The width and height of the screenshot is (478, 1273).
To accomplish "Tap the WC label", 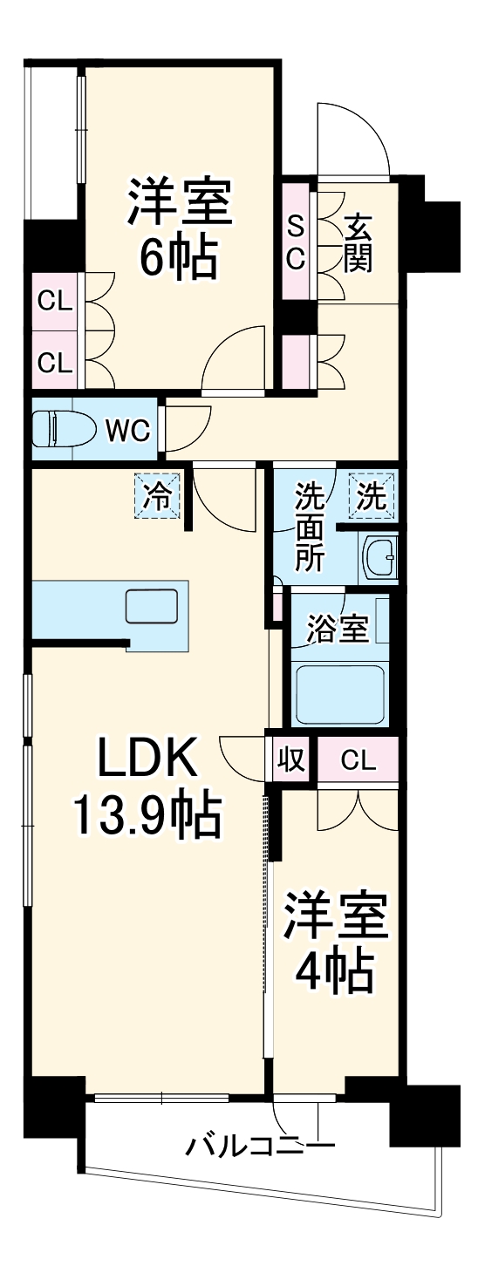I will [128, 429].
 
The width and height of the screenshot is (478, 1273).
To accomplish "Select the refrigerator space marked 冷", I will [158, 497].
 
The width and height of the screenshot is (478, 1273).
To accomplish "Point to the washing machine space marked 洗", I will [372, 496].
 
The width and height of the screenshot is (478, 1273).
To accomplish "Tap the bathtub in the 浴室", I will [340, 695].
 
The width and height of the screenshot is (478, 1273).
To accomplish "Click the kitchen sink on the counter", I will [152, 606].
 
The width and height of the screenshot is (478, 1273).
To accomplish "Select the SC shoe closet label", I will [297, 242].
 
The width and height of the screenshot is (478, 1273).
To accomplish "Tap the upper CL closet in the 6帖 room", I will [54, 303].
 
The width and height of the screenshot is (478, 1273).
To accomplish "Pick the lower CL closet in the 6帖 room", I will [54, 361].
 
